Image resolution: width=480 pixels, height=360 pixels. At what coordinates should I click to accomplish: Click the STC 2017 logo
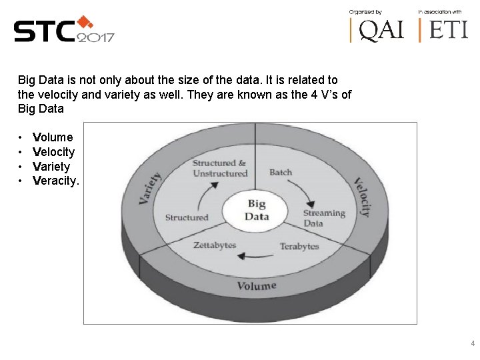63,30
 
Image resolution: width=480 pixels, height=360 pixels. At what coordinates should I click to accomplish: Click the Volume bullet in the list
53,137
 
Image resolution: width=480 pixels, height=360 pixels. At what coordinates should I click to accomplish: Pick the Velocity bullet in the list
53,152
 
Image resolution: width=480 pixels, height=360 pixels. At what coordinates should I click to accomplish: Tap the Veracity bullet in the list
55,181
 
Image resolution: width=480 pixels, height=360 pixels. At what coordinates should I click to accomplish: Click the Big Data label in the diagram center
257,209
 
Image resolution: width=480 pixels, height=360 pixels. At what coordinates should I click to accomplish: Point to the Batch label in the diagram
281,172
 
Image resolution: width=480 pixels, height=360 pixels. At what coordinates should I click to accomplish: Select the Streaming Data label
323,218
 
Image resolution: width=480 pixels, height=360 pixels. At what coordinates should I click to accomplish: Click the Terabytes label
299,247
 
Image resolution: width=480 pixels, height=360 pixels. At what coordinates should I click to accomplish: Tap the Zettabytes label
215,245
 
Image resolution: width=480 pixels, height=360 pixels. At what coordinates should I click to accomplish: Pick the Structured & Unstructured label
219,168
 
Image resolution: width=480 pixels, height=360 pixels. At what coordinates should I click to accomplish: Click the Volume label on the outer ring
257,286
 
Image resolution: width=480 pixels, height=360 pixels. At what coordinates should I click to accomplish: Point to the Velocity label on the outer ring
362,197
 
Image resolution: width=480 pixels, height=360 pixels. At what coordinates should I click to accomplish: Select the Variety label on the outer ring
151,189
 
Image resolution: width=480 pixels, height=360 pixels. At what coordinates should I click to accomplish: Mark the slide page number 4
473,344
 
